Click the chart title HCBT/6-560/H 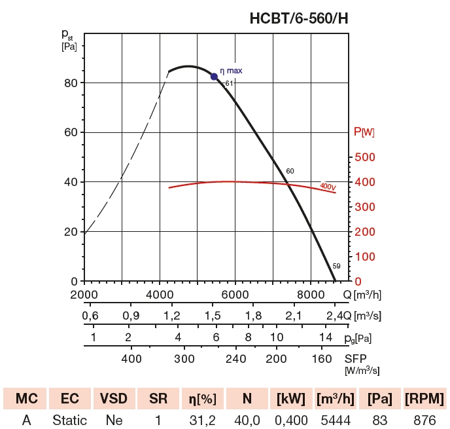point(299,19)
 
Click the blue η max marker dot point(214,77)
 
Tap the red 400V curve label point(328,186)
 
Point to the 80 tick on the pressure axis point(71,83)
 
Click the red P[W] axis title point(364,132)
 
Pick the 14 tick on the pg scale point(326,337)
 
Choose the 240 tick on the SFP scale point(235,359)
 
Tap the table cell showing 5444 point(335,420)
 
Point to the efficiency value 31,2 point(202,420)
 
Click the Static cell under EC point(69,420)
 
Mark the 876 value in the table point(425,420)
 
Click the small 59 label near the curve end point(336,266)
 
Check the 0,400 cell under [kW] point(291,420)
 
